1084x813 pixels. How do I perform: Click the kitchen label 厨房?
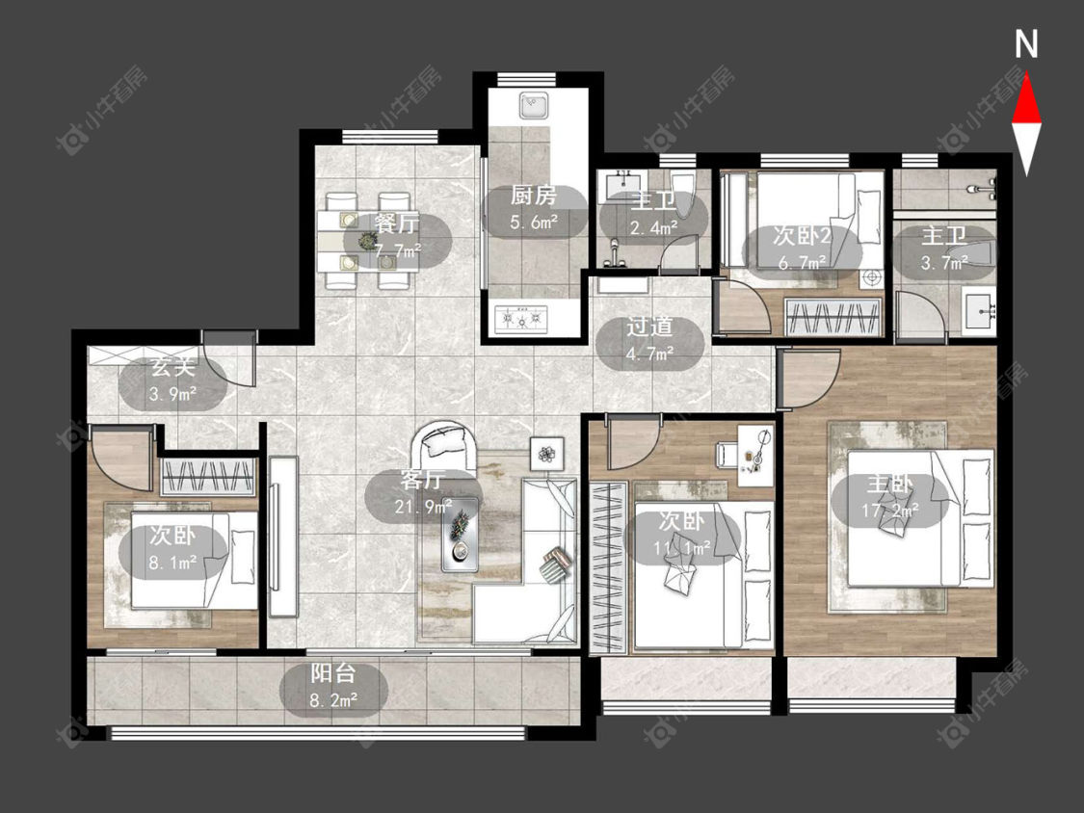534,196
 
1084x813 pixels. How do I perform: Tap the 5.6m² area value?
534,223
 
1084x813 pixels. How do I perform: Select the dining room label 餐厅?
397,223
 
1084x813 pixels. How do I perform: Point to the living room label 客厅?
422,479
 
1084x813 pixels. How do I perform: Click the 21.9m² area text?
423,507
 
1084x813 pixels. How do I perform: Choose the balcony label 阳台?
333,672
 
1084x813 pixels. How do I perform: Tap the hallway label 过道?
649,327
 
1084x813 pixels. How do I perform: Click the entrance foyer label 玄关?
172,367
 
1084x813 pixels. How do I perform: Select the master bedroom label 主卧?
890,484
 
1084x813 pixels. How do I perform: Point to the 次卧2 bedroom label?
802,236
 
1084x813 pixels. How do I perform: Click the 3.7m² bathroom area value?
943,263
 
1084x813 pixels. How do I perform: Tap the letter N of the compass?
1026,43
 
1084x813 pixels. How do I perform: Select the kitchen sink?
534,106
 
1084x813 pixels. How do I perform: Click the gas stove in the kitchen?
521,319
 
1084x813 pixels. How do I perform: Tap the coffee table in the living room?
460,535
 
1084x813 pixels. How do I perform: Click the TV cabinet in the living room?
282,536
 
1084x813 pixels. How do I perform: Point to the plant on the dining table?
366,241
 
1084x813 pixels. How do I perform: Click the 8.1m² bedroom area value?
172,563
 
